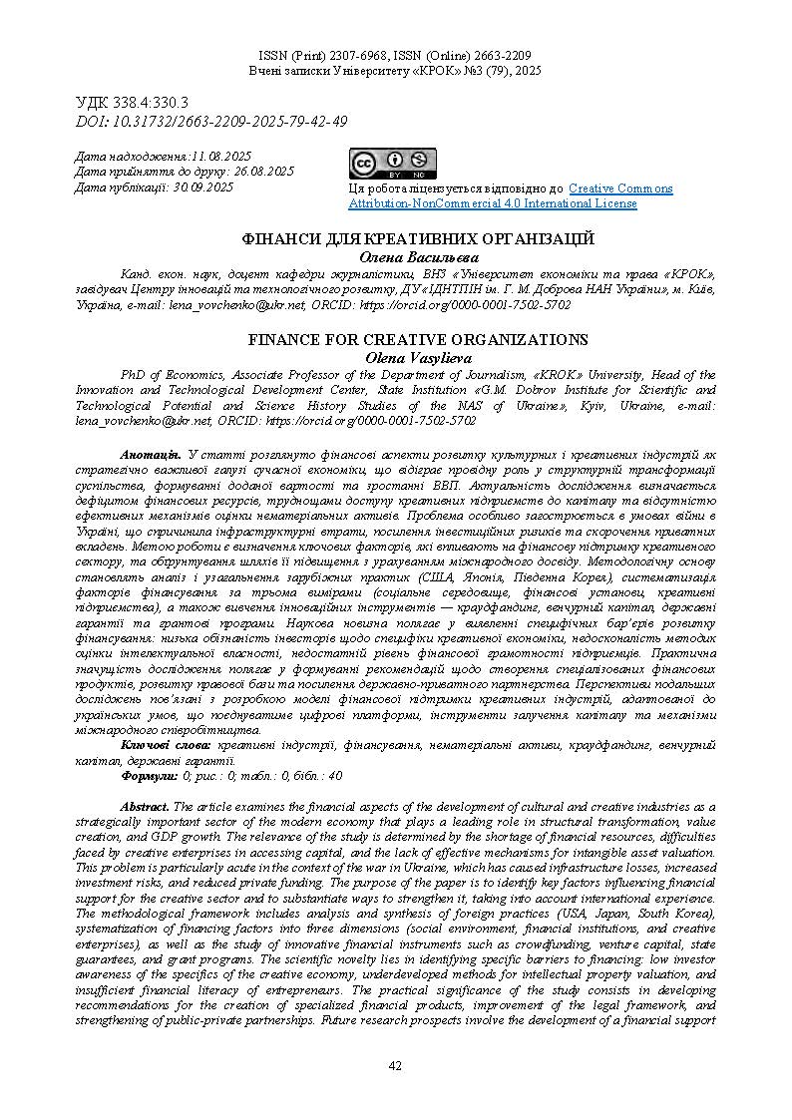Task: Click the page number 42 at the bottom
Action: (395, 1066)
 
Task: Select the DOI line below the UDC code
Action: (211, 121)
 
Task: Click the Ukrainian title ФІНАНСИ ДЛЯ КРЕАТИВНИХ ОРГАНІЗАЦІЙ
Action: (419, 239)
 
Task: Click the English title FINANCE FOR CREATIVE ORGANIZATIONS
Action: (418, 339)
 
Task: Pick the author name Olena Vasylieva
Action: (418, 356)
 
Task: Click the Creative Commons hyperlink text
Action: (620, 188)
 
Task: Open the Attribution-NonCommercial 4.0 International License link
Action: (493, 203)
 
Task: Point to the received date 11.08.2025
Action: (221, 157)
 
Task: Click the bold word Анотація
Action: (150, 455)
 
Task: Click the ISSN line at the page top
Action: (395, 56)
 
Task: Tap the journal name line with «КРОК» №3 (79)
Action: (395, 72)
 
